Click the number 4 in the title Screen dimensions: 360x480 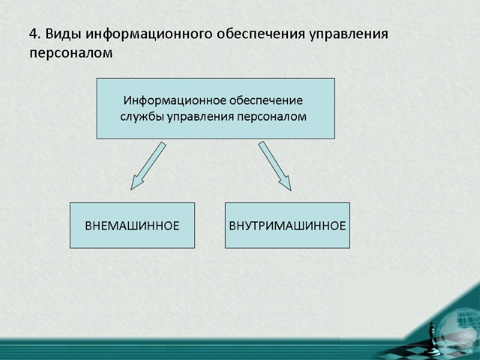(34, 34)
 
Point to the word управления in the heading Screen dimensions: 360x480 (348, 34)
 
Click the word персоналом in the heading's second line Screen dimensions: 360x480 (71, 53)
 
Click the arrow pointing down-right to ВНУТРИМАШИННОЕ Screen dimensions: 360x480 (275, 166)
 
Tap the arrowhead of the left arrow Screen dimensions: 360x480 (136, 183)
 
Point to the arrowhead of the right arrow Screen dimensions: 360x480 (285, 183)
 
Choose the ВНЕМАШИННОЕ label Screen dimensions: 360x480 (132, 226)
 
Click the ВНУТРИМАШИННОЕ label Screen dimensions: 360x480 (287, 226)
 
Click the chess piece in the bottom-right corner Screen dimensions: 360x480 (433, 332)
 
